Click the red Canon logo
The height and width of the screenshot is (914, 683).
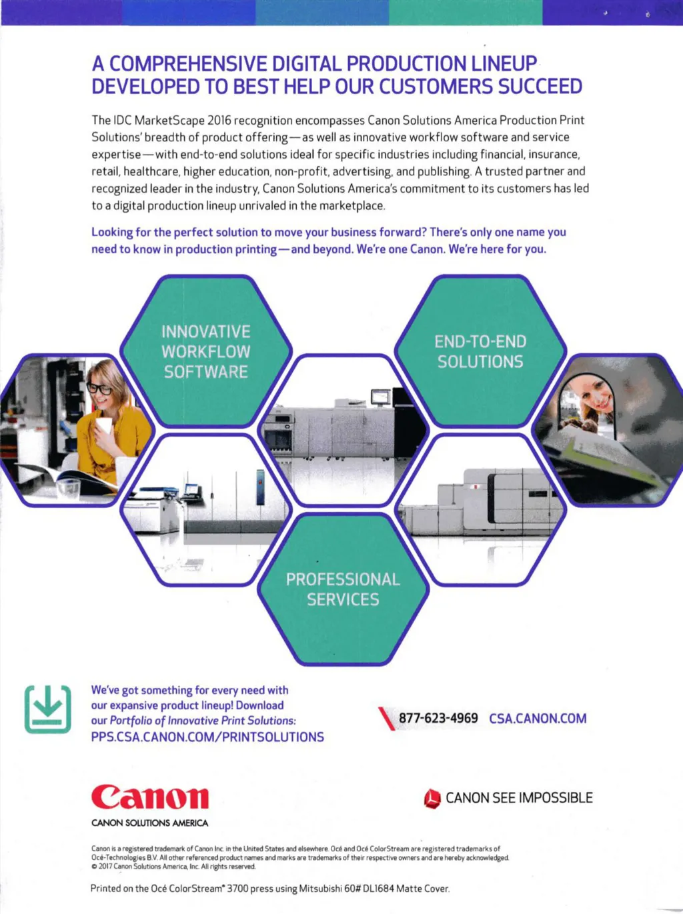150,797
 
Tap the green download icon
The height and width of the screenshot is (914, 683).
47,709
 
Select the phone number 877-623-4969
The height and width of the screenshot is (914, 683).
438,718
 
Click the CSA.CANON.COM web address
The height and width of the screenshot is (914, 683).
538,719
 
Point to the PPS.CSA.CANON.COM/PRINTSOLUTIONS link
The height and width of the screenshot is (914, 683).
207,737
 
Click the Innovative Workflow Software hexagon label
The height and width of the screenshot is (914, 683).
206,351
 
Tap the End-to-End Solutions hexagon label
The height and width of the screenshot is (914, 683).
480,351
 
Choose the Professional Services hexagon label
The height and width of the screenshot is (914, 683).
343,589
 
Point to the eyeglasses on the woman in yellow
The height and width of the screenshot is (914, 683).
100,388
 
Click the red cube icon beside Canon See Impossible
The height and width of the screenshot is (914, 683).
432,798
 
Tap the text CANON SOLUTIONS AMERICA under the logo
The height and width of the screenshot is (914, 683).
149,823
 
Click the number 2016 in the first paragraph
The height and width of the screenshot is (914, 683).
219,121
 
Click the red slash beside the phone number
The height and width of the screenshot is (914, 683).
386,719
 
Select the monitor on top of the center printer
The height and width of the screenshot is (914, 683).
380,396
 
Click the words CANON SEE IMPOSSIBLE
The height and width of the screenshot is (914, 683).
519,798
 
